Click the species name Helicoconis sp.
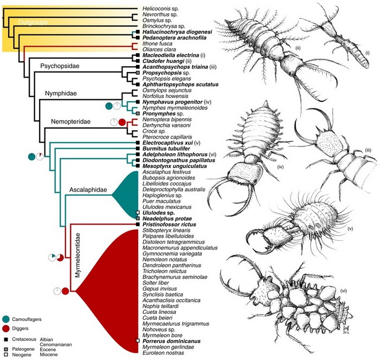point(160,9)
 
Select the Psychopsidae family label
point(60,66)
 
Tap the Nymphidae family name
point(61,93)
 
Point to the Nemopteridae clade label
point(70,121)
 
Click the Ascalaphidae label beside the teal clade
point(88,190)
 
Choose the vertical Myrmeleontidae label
point(78,255)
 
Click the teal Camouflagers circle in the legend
point(6,319)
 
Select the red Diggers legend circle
point(6,329)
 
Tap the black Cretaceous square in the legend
point(6,339)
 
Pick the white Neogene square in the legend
point(6,355)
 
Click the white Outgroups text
point(33,22)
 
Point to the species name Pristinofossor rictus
point(169,224)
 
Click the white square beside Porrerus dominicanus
point(138,341)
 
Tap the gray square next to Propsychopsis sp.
point(138,73)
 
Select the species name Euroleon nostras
point(163,353)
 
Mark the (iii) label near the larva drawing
point(368,151)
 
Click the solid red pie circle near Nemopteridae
point(122,122)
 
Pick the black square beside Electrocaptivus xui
point(138,143)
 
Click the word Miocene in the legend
point(49,355)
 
